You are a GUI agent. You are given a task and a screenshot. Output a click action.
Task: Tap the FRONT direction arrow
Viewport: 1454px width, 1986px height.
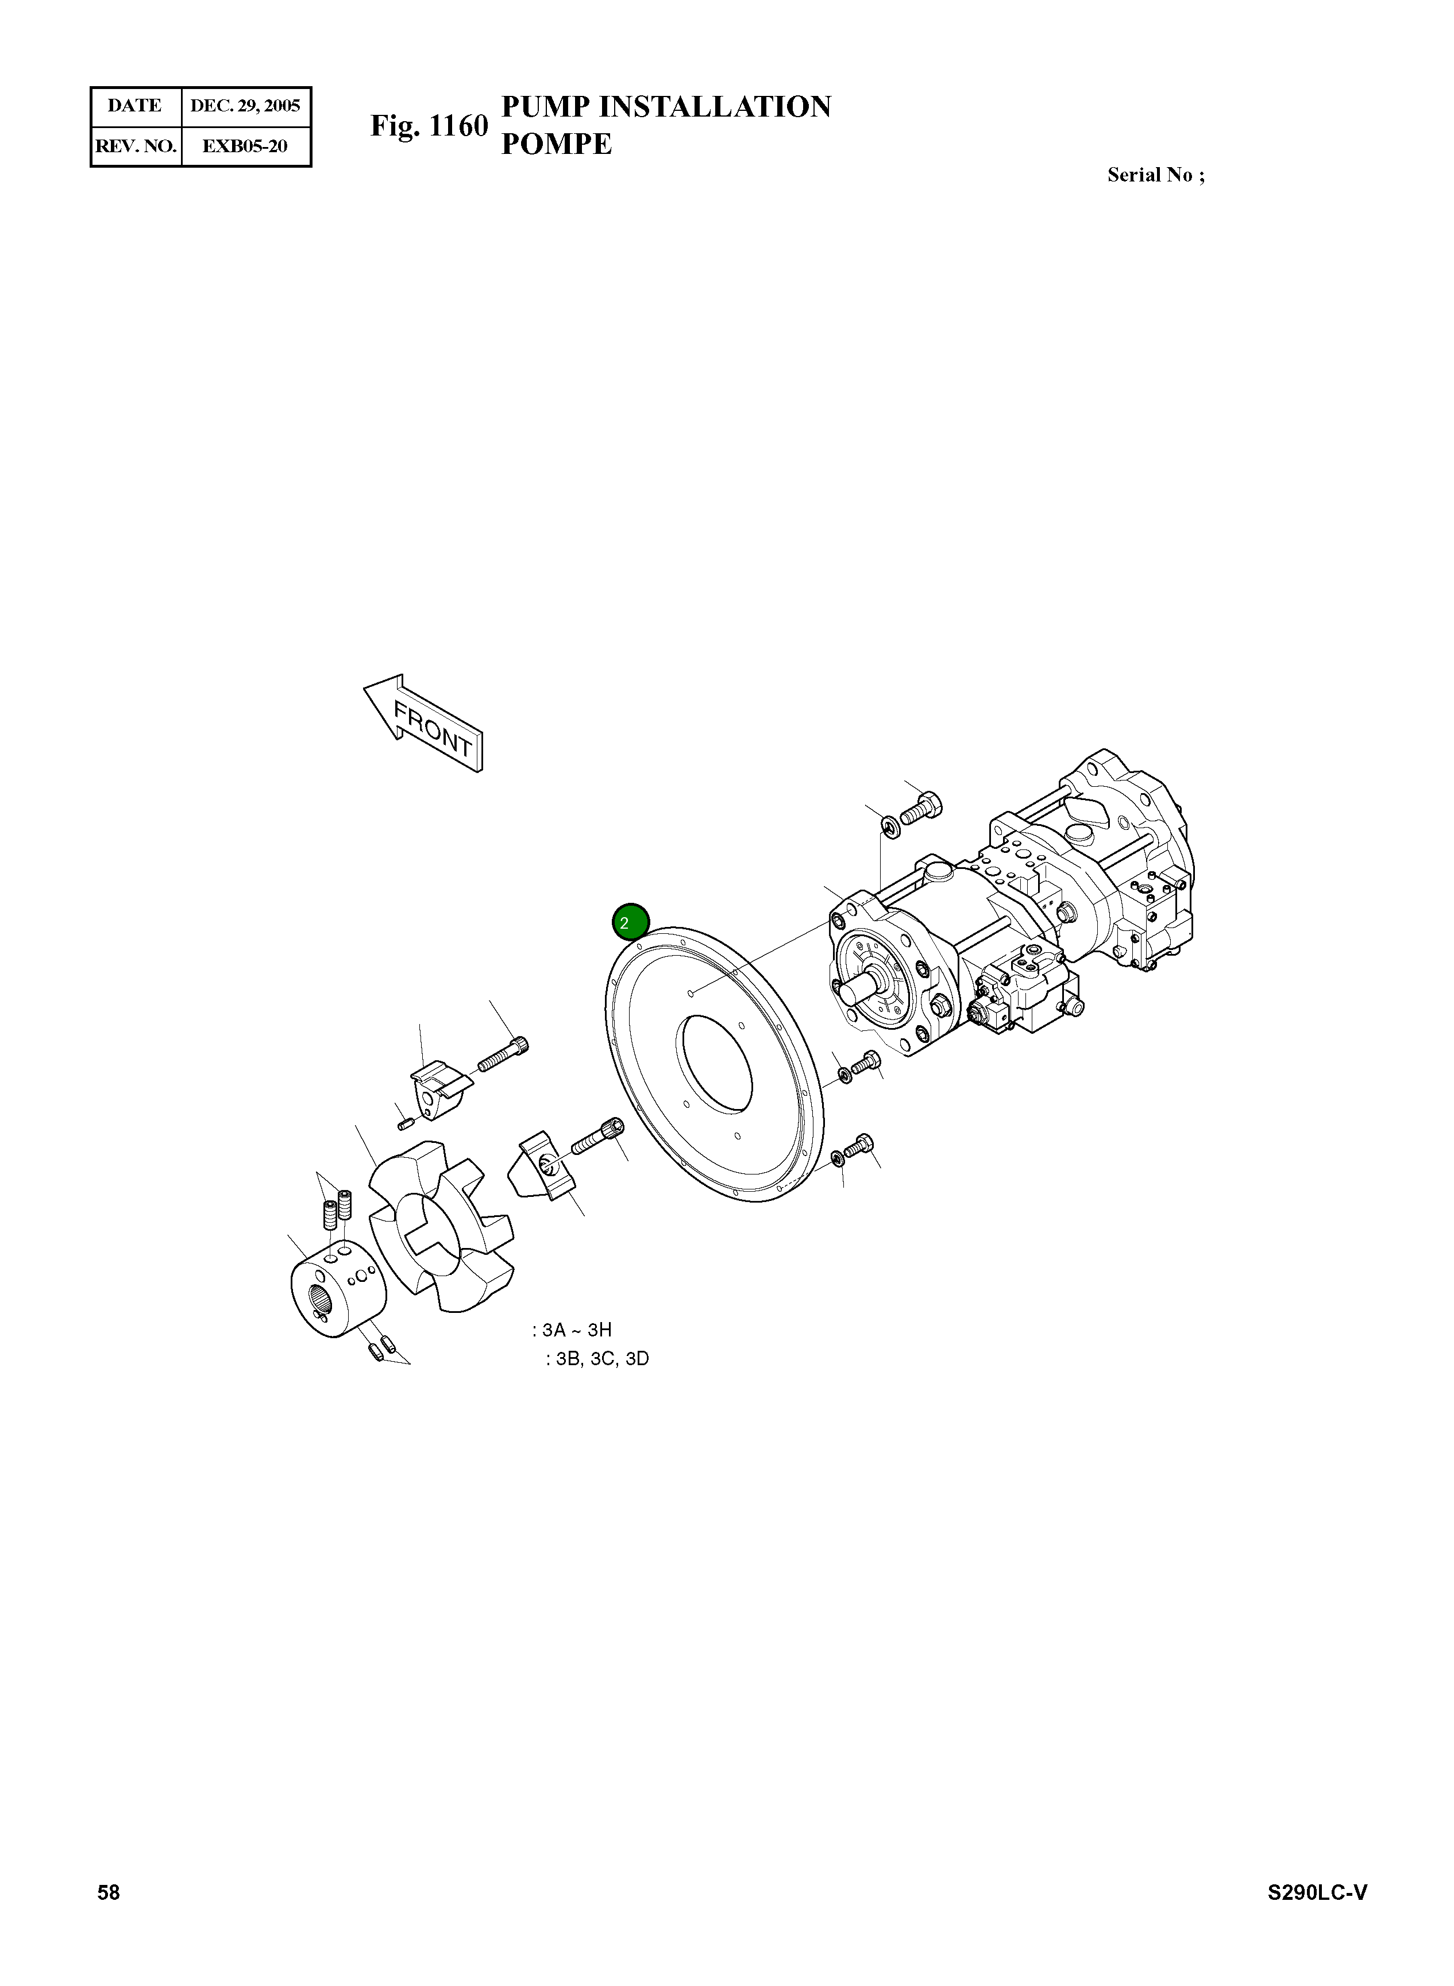pos(424,724)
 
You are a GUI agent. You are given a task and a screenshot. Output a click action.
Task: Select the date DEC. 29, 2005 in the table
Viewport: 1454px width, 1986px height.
pos(245,106)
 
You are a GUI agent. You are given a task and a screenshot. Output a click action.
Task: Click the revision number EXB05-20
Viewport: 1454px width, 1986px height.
pos(245,146)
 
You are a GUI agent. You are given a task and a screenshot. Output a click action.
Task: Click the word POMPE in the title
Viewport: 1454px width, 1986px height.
pos(556,144)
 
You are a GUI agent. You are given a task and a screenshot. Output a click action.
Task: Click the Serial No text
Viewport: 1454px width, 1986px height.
pos(1156,175)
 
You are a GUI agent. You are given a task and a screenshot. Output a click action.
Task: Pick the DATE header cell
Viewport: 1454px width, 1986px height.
pos(134,106)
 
